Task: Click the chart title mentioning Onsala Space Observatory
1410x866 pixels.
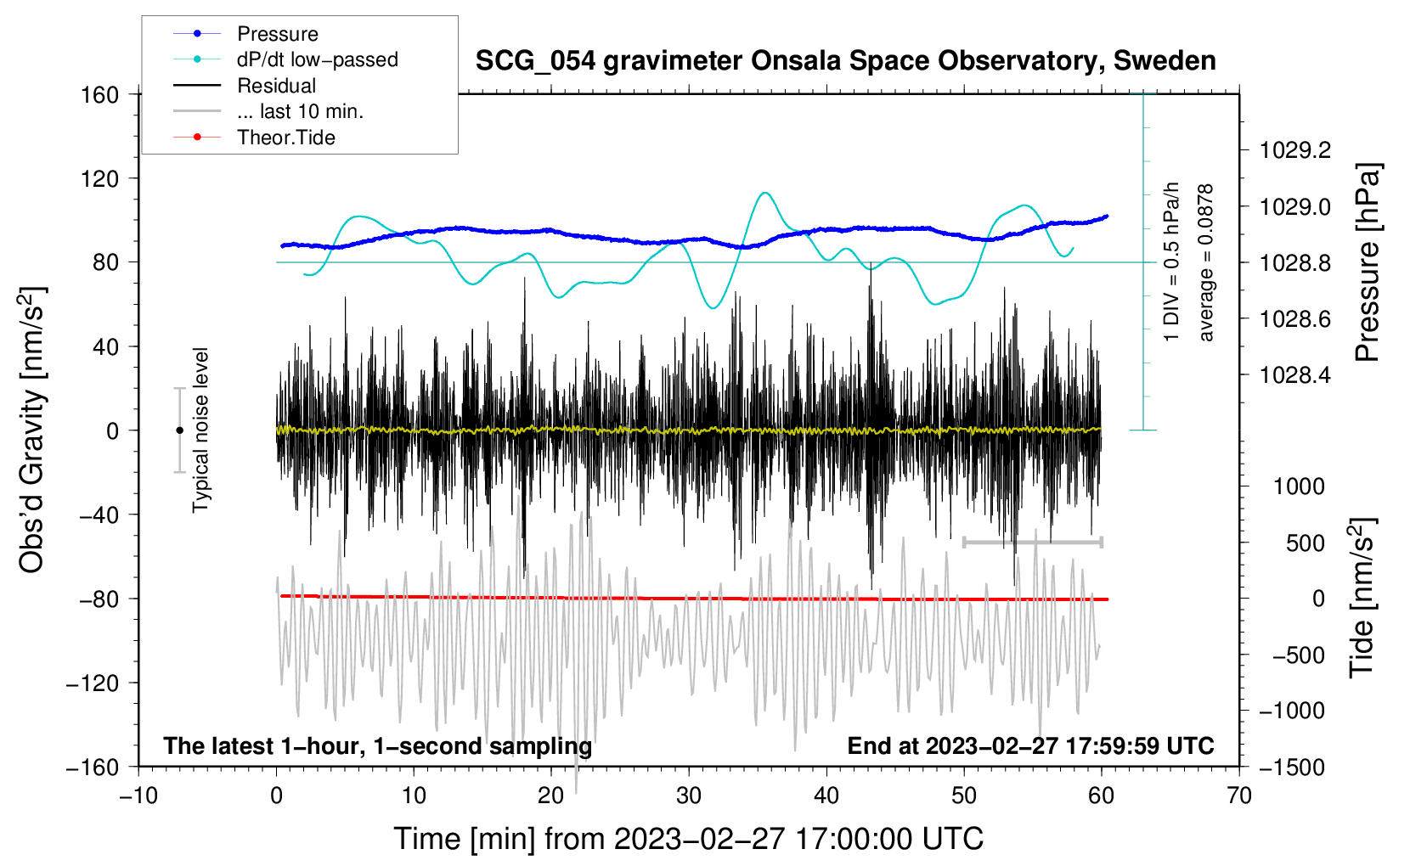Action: (x=845, y=61)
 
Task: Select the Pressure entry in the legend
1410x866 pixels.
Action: (x=277, y=34)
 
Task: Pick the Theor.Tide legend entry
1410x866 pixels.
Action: (x=285, y=138)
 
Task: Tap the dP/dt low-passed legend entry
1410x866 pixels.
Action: (x=317, y=59)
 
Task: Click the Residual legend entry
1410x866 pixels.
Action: (x=276, y=86)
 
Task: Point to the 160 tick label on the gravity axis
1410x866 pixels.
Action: (x=100, y=94)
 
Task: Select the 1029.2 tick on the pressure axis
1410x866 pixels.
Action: (x=1295, y=150)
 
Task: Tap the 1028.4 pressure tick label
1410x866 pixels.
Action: (x=1295, y=374)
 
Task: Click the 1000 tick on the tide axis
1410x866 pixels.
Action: (x=1299, y=486)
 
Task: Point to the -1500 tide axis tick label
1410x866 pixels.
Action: (x=1292, y=767)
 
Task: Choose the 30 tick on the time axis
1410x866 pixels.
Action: (x=689, y=796)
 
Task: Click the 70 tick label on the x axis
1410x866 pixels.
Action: (x=1239, y=796)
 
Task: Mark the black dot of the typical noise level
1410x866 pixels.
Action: (x=179, y=430)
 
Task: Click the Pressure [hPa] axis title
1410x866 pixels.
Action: (x=1367, y=263)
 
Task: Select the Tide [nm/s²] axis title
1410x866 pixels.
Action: (x=1362, y=599)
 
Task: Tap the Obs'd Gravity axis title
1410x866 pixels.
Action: (x=31, y=430)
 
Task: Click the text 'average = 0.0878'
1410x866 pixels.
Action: (x=1206, y=263)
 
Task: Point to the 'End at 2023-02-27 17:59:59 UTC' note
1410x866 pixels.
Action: (x=1030, y=746)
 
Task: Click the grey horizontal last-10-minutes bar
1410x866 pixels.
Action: (x=1032, y=542)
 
